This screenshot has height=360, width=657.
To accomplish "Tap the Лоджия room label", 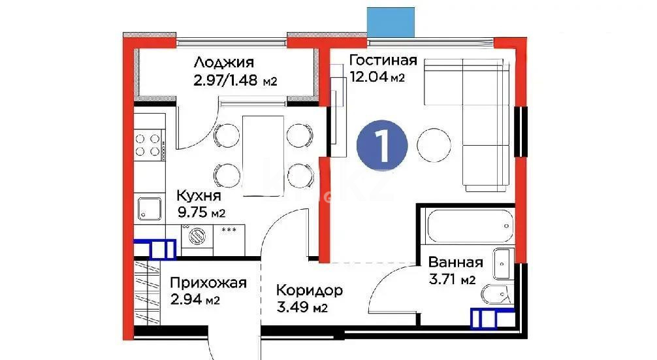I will pos(223,63).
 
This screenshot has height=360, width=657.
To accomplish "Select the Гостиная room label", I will pos(383,61).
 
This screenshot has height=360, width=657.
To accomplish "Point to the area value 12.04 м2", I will pos(377,78).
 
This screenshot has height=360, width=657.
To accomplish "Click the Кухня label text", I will pos(200,195).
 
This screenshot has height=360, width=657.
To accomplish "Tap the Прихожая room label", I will pos(208,283).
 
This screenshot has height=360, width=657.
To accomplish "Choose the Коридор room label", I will pos(310,290).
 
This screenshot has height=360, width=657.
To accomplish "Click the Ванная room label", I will pos(455,263).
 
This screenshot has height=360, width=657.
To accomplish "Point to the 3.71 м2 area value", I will pos(451,281).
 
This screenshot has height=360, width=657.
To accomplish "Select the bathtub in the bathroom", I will pos(468,227).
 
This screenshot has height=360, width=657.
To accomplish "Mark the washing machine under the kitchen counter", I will pos(197,237).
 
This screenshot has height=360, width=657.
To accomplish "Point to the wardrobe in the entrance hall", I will pos(148,294).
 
